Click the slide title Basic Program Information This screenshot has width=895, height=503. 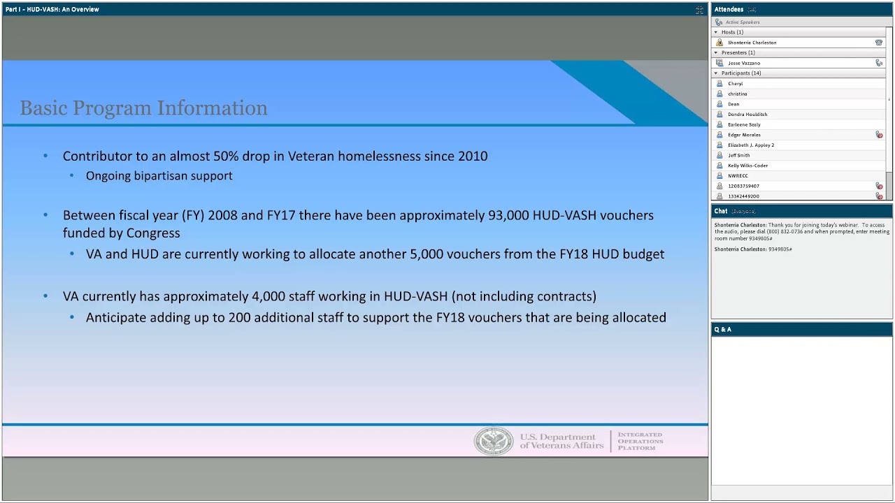tap(143, 108)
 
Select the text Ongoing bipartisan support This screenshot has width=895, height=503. tap(159, 176)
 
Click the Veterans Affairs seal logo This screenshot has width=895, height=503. tap(494, 442)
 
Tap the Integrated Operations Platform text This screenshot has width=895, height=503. tap(640, 442)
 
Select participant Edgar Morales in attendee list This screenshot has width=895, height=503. tap(744, 135)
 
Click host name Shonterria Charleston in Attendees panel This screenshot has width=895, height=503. tap(752, 43)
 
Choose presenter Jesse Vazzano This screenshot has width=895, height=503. tap(743, 63)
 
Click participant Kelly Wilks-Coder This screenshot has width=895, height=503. tap(747, 166)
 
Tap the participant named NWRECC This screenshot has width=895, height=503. tap(738, 176)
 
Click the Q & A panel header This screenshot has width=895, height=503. tap(723, 329)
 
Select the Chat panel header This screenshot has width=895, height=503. tap(721, 211)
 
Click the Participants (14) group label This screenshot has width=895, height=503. tap(741, 73)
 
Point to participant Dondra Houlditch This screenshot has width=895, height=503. tap(747, 115)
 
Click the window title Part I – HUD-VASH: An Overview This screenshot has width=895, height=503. tap(52, 9)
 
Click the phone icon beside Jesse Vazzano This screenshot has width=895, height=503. tap(879, 63)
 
